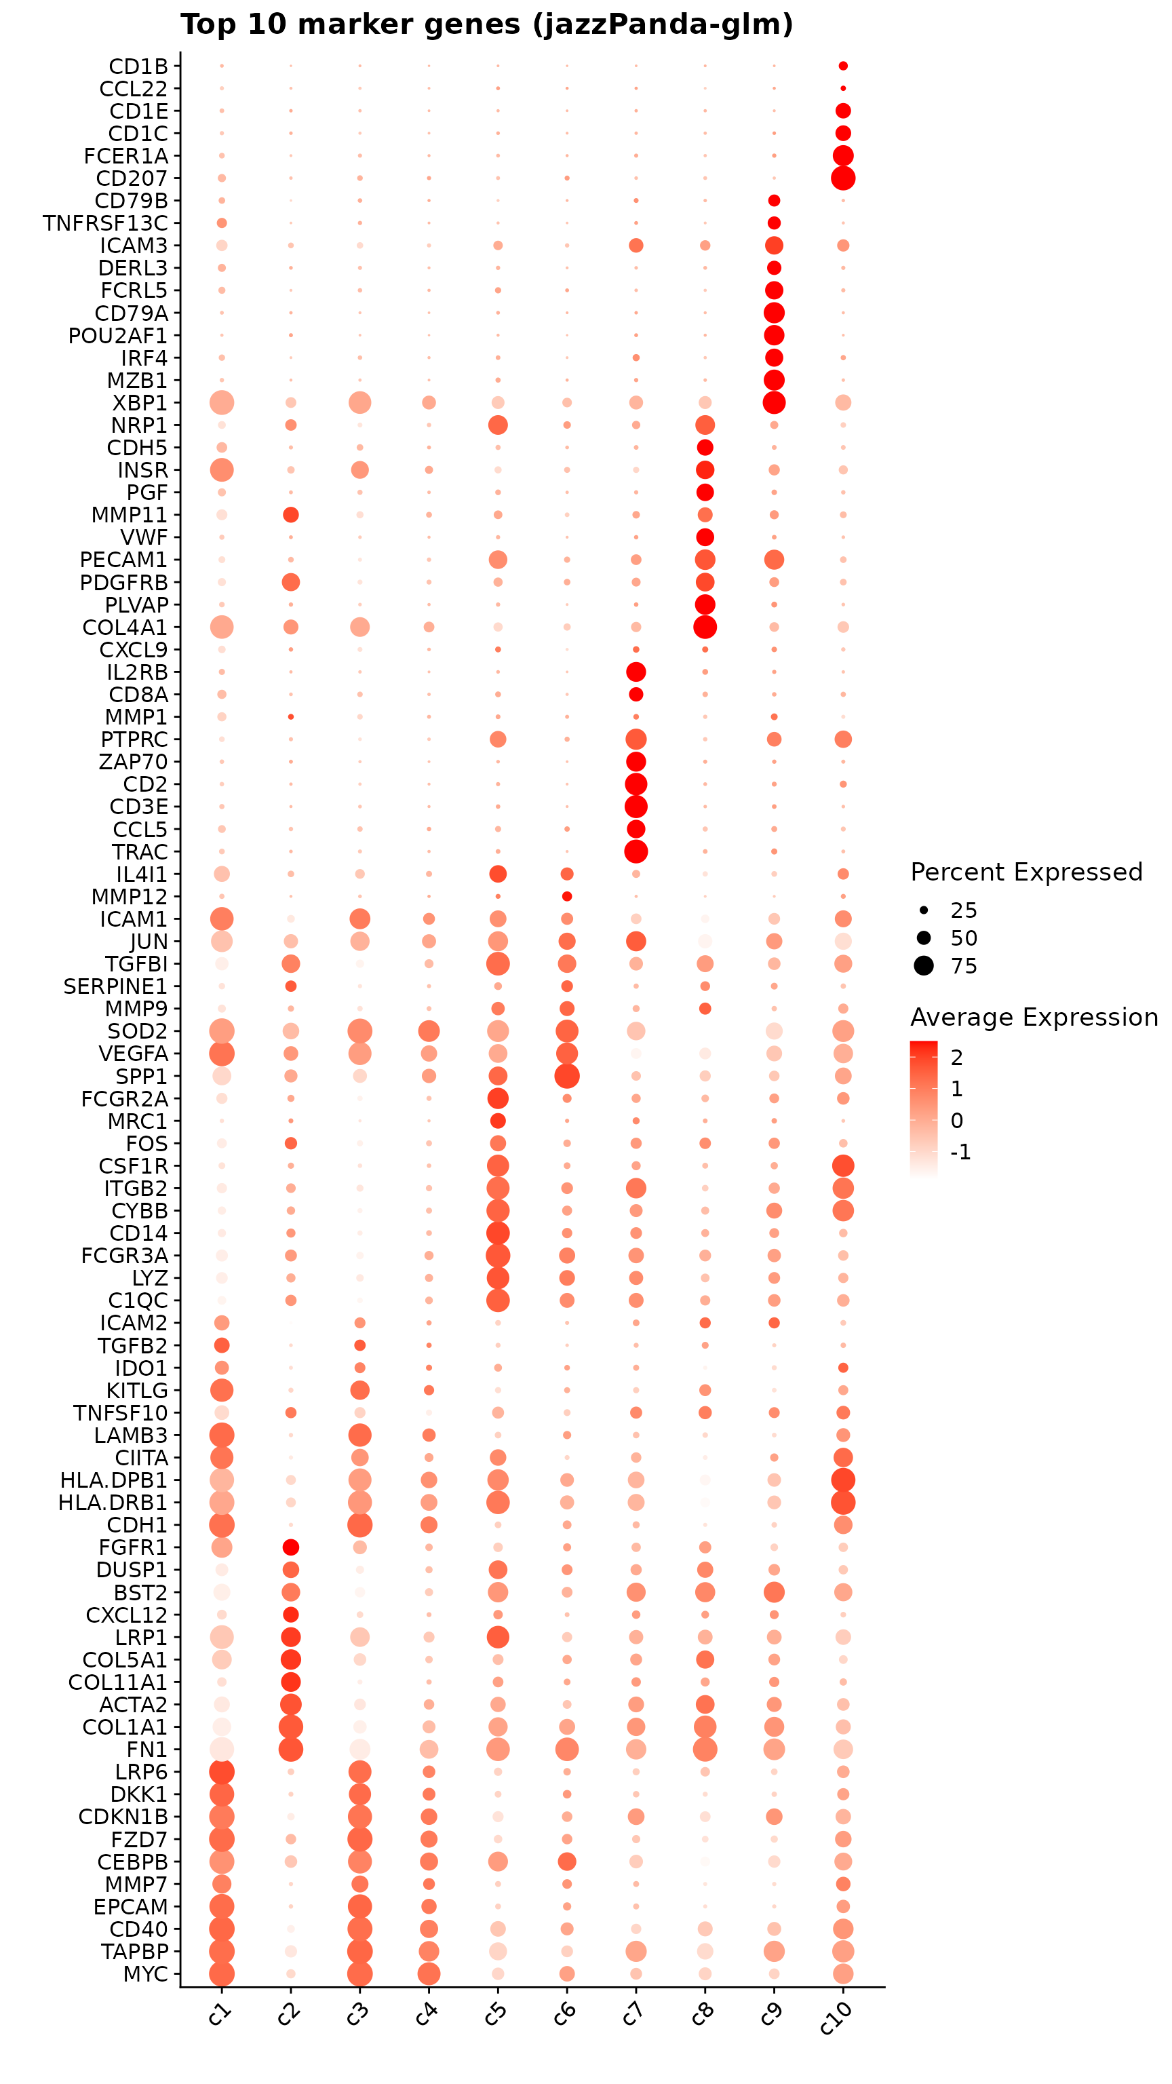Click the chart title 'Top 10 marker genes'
[486, 25]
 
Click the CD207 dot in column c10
[843, 178]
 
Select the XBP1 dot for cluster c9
[774, 402]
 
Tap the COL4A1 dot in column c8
[705, 627]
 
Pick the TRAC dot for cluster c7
[636, 851]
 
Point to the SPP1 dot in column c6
[567, 1076]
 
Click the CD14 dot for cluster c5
[497, 1233]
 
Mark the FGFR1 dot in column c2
[291, 1547]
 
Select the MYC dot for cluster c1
[222, 1973]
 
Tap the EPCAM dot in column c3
[360, 1906]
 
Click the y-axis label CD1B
[138, 66]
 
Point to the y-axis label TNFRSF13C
[106, 223]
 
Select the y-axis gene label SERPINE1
[116, 986]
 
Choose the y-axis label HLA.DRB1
[113, 1503]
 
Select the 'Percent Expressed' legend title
[1025, 872]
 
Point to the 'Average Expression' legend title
[1034, 1017]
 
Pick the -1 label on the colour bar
[960, 1152]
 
